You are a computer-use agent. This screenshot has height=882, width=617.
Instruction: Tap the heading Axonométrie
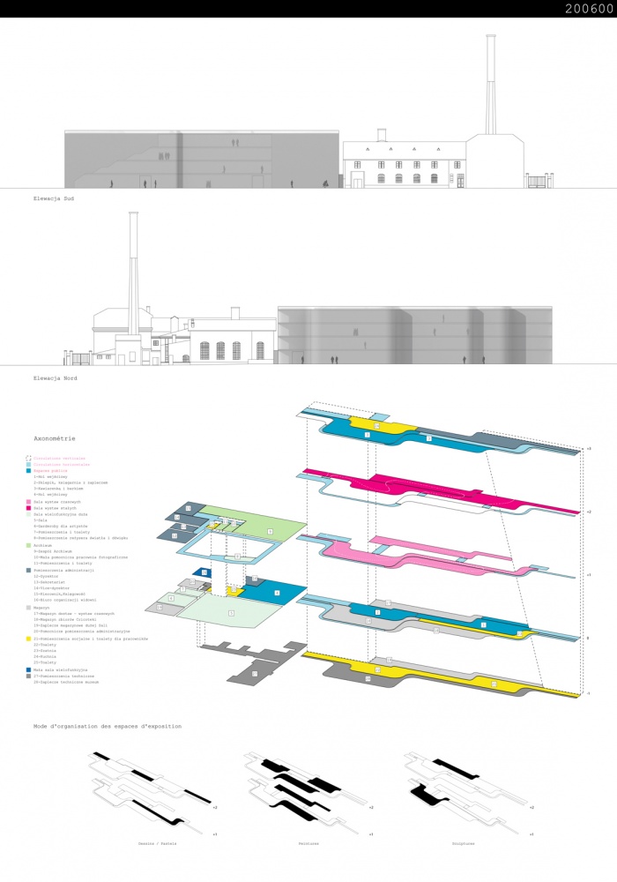pyautogui.click(x=55, y=437)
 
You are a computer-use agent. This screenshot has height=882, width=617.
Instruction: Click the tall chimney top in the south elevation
pyautogui.click(x=489, y=37)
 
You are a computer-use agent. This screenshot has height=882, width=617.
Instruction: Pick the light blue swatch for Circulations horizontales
pyautogui.click(x=29, y=465)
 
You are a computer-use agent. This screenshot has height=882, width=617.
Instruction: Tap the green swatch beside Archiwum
pyautogui.click(x=29, y=545)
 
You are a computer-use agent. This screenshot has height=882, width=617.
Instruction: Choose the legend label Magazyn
pyautogui.click(x=42, y=607)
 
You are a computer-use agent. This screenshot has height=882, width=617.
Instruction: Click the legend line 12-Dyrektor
pyautogui.click(x=46, y=576)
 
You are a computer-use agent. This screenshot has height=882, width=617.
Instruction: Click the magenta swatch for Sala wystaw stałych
pyautogui.click(x=29, y=508)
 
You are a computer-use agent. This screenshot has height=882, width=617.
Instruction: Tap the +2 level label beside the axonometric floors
pyautogui.click(x=588, y=512)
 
